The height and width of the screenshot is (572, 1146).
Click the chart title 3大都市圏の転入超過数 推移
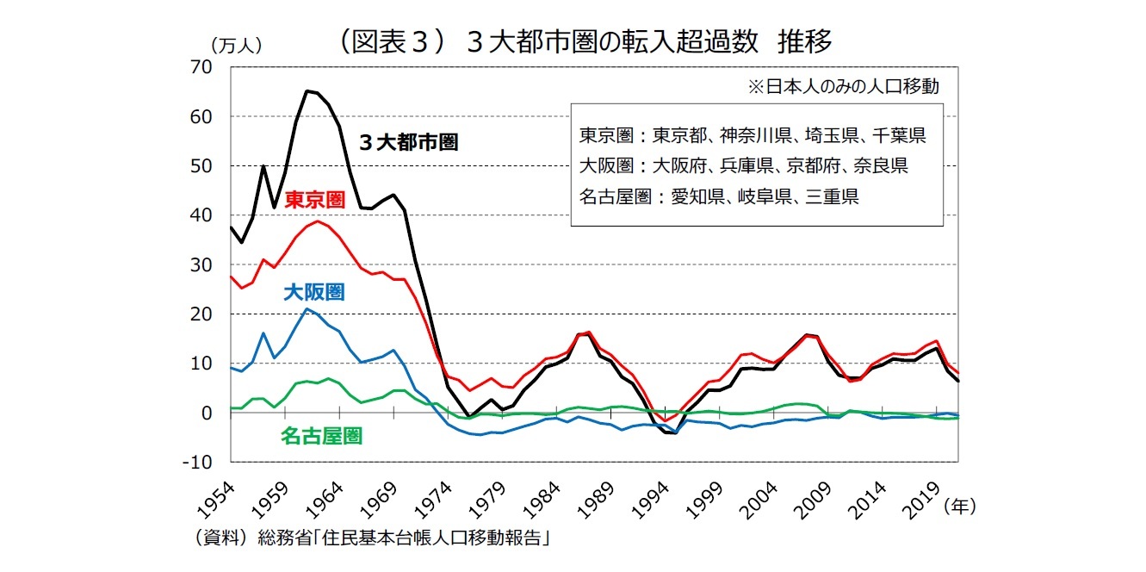(x=585, y=40)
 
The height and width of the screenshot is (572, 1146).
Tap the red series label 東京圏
(x=314, y=200)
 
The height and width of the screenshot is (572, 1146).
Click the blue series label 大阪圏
(x=313, y=292)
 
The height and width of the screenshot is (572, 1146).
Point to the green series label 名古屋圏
(x=321, y=436)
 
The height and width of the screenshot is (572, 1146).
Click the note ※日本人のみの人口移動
(x=843, y=86)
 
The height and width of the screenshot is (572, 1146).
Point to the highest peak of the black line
(x=307, y=90)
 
